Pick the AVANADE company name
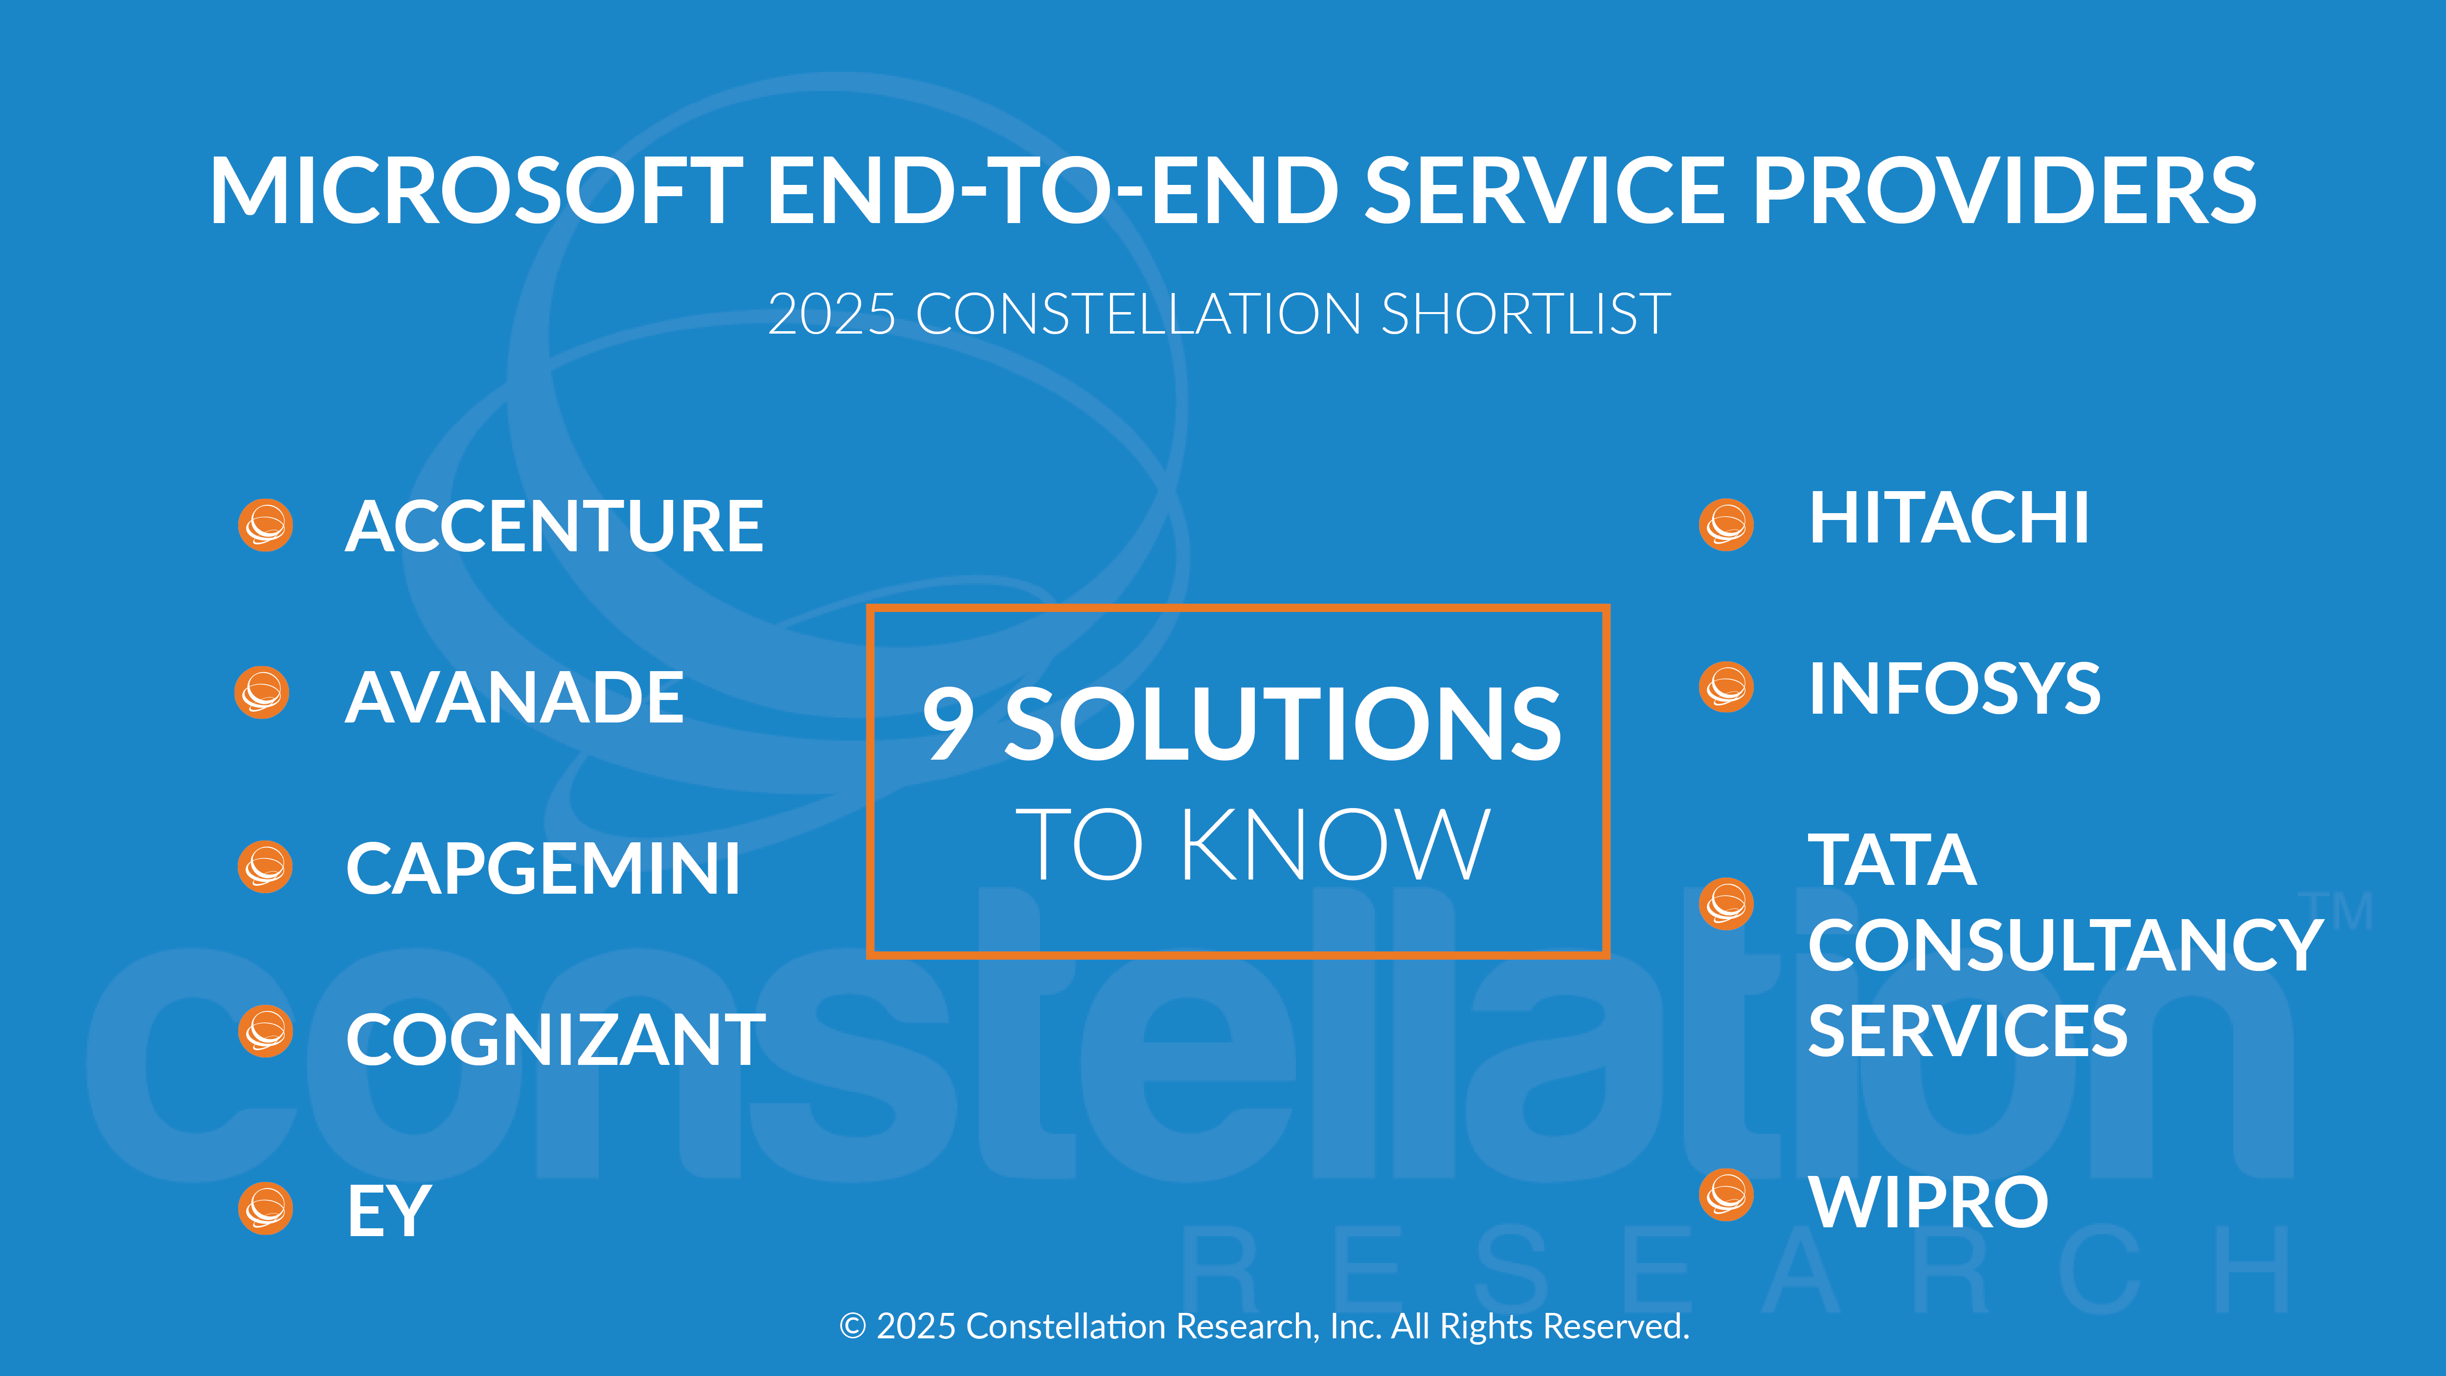[x=514, y=697]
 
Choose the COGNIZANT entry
[x=555, y=1040]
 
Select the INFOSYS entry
[x=1954, y=688]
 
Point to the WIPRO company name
[x=1928, y=1202]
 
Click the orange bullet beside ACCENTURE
[x=265, y=525]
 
